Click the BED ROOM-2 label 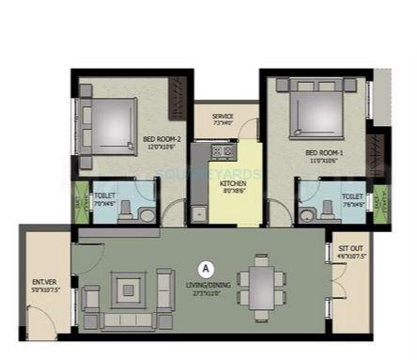pos(162,142)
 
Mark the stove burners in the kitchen pos(223,150)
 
